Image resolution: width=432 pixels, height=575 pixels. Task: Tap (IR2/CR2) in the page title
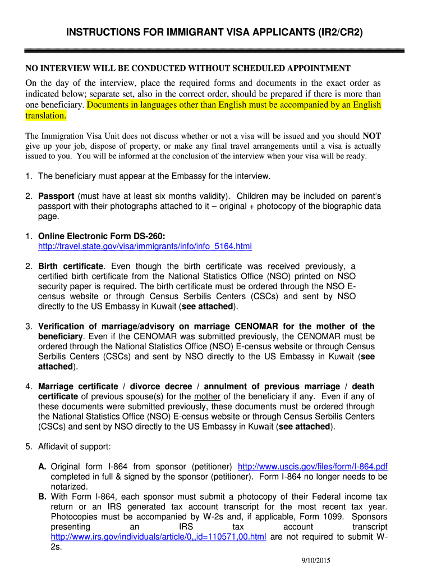336,33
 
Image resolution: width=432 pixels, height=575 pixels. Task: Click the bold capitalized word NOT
372,136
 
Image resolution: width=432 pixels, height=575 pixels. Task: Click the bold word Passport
56,196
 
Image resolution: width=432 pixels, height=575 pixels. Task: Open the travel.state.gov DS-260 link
145,246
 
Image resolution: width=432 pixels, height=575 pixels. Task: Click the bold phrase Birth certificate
71,266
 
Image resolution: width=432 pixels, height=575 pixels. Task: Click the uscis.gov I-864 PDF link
312,467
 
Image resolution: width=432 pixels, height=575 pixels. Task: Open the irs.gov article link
158,537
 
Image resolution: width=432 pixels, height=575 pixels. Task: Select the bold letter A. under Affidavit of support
43,467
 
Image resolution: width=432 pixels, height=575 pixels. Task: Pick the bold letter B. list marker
43,497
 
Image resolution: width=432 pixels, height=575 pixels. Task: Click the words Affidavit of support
75,447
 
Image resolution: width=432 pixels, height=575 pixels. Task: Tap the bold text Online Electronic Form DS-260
102,236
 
